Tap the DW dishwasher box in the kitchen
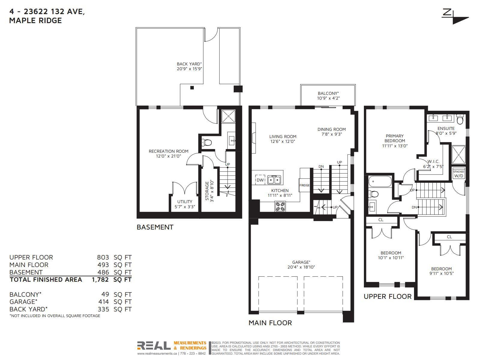(x=260, y=180)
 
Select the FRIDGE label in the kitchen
(x=304, y=185)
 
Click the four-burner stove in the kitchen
(x=280, y=207)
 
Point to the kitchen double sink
(x=274, y=180)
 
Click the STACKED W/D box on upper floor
(x=459, y=174)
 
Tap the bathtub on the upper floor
(x=379, y=181)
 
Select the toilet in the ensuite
(x=460, y=119)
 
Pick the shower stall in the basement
(x=228, y=116)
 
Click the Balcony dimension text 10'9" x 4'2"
(x=328, y=98)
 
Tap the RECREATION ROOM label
(x=168, y=151)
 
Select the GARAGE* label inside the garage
(x=301, y=262)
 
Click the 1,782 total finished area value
(x=100, y=280)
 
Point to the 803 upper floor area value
(x=103, y=257)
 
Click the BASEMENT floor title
(x=155, y=227)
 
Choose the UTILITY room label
(x=184, y=202)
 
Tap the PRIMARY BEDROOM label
(x=395, y=138)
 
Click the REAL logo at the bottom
(x=154, y=346)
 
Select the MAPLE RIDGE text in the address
(x=35, y=20)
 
